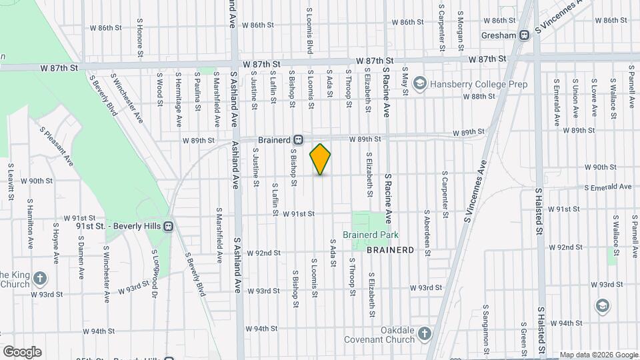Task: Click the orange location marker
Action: [320, 159]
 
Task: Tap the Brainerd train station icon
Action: [299, 140]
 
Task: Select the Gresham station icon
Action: [525, 35]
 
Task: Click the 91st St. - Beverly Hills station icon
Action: [168, 227]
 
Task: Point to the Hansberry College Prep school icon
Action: [419, 84]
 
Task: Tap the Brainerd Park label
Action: [370, 235]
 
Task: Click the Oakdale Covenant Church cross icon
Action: [425, 333]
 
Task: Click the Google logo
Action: [21, 352]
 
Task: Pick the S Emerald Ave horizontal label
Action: [608, 187]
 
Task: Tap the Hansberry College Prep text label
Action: [478, 84]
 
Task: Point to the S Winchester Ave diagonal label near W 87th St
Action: [127, 98]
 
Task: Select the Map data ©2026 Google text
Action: [597, 355]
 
